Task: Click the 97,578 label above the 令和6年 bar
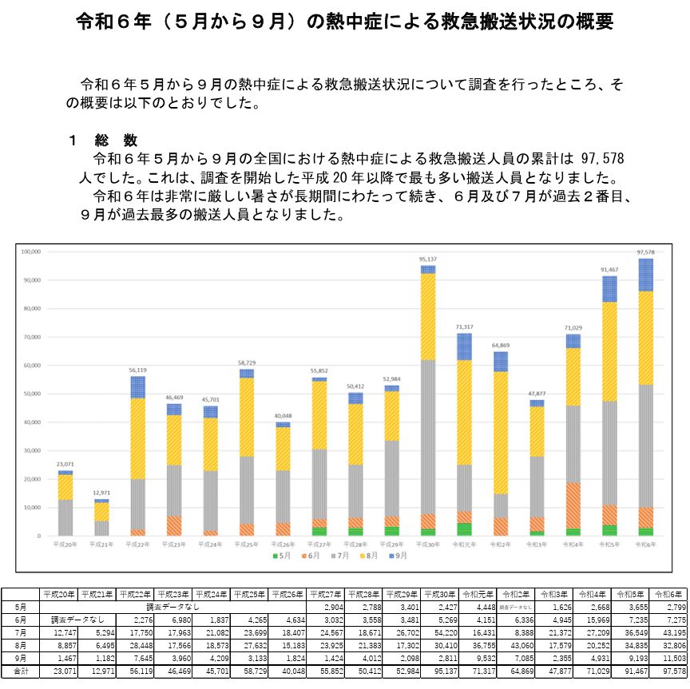[x=644, y=252]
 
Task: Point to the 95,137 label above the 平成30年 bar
[x=427, y=259]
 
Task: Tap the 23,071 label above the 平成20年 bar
[x=65, y=464]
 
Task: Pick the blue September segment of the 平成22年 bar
[x=137, y=387]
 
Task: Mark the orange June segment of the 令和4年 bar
[x=573, y=505]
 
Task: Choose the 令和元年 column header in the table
[x=478, y=594]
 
